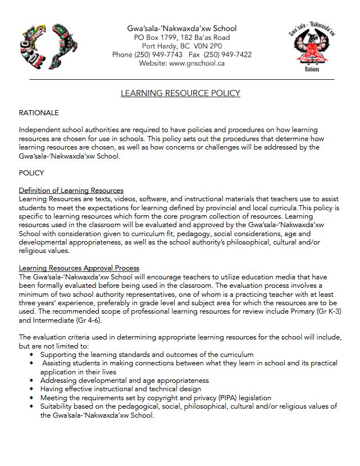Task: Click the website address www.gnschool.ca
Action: [x=197, y=64]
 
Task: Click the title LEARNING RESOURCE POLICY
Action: [x=180, y=93]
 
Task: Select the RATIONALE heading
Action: [x=39, y=113]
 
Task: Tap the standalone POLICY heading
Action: [x=31, y=173]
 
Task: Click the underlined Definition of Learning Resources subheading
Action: [x=71, y=190]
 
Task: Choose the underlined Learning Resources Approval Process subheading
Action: [x=79, y=268]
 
